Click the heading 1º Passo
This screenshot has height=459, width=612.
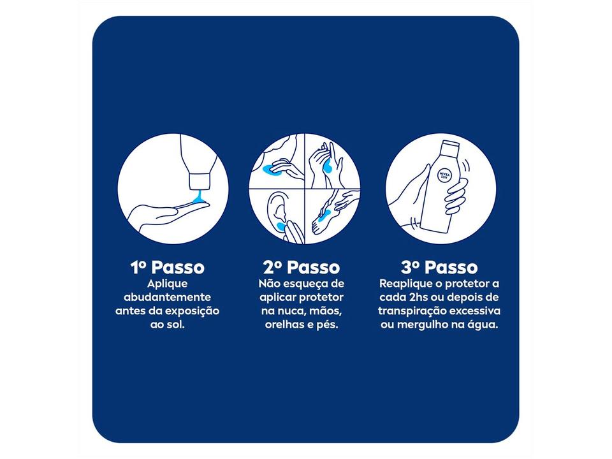tap(168, 268)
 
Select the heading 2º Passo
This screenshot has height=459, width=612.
tap(302, 268)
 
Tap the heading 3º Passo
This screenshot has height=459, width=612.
tap(439, 268)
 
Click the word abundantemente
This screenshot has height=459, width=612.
tap(168, 298)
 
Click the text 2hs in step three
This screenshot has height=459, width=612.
tap(418, 298)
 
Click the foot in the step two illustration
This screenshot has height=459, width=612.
tap(323, 221)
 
